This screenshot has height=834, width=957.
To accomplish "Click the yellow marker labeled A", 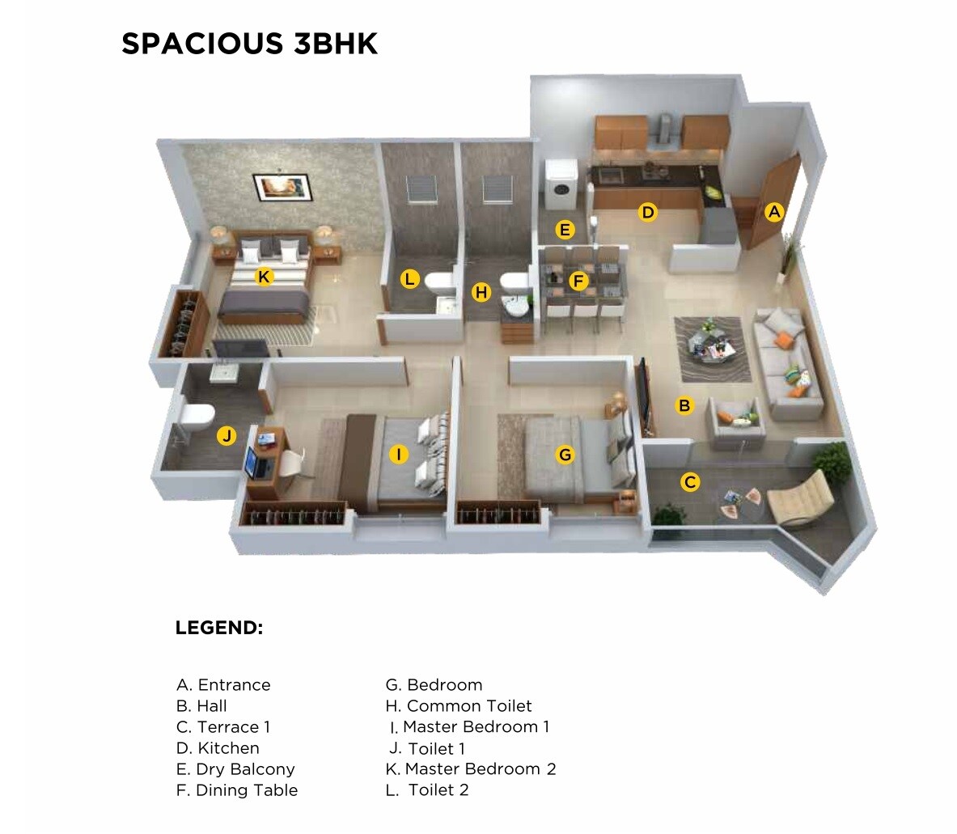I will coord(774,212).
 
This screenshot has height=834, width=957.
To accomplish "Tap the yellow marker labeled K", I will coord(263,277).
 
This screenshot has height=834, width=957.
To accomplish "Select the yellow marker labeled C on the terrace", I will coord(690,482).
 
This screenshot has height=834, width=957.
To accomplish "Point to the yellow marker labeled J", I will coord(227,436).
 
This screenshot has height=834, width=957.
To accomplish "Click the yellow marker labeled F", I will coord(578,282).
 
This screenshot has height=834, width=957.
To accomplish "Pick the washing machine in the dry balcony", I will coord(560,185).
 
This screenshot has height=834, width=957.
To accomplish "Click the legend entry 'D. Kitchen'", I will coord(218,748).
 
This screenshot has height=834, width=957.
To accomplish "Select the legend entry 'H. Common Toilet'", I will coord(459,706).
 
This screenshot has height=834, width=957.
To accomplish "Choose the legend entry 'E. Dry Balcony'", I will coord(235,769).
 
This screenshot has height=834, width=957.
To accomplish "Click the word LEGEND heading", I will coord(219,628).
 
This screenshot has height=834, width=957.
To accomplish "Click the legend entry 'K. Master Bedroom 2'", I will coord(471,769).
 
